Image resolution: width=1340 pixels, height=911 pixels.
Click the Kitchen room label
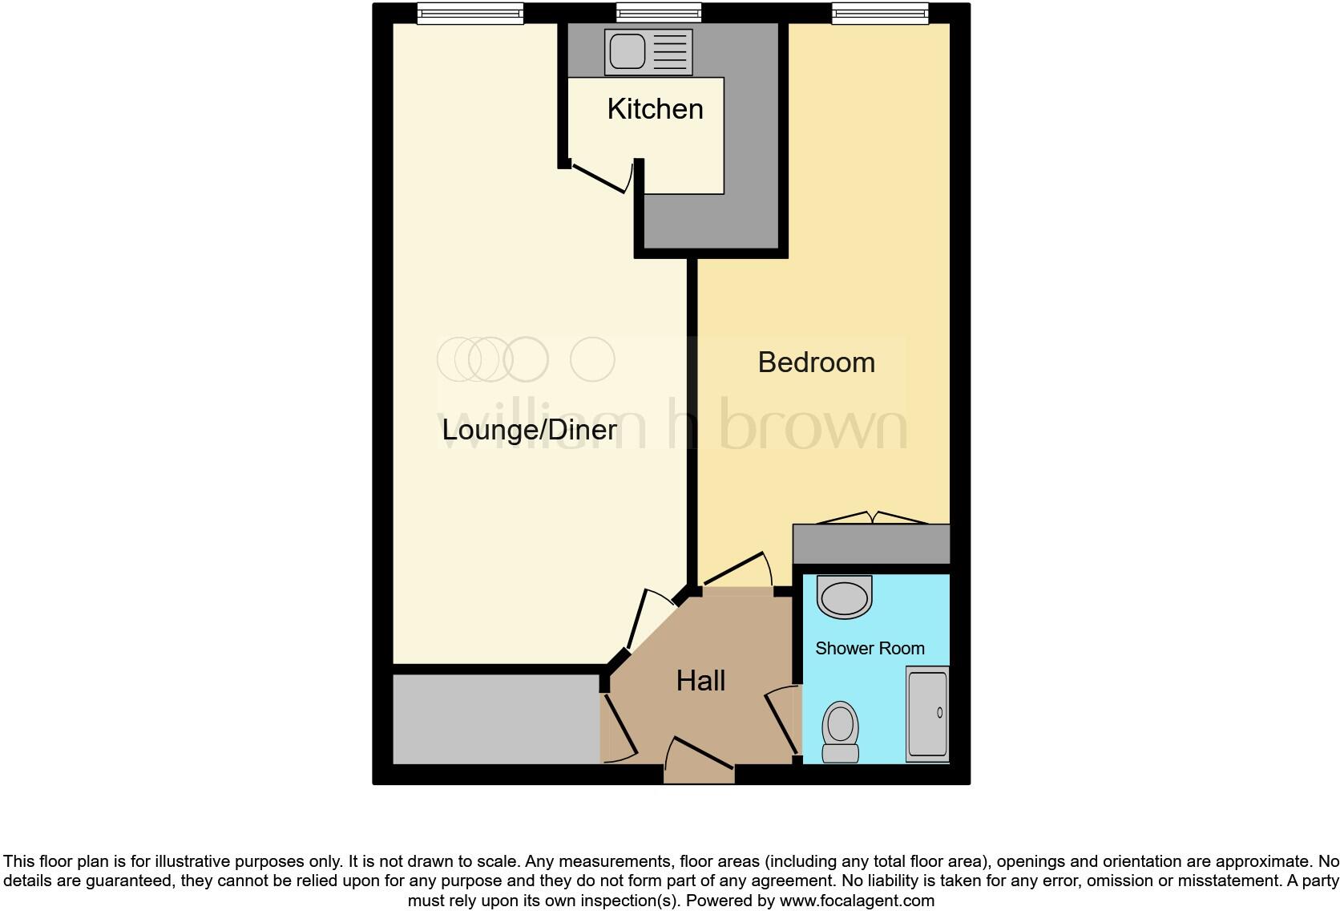(655, 109)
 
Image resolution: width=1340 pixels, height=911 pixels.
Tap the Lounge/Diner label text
(529, 430)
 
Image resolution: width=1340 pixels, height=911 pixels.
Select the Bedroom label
(816, 362)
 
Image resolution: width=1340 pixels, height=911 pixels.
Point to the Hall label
(700, 681)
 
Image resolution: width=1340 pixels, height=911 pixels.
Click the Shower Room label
(870, 648)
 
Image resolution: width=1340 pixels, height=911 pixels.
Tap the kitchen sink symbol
(649, 52)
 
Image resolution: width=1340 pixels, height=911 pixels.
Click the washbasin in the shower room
(844, 597)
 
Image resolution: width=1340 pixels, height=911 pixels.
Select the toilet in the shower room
(840, 731)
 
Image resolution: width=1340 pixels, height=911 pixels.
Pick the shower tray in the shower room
(927, 714)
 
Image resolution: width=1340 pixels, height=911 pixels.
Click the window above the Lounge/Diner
(470, 14)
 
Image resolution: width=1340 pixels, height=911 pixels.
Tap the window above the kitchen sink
(658, 13)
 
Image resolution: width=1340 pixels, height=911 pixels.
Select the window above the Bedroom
(879, 14)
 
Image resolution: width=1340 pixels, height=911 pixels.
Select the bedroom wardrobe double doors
(870, 518)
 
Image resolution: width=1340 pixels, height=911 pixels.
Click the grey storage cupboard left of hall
(495, 719)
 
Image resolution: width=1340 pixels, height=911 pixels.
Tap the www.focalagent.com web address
(857, 901)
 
